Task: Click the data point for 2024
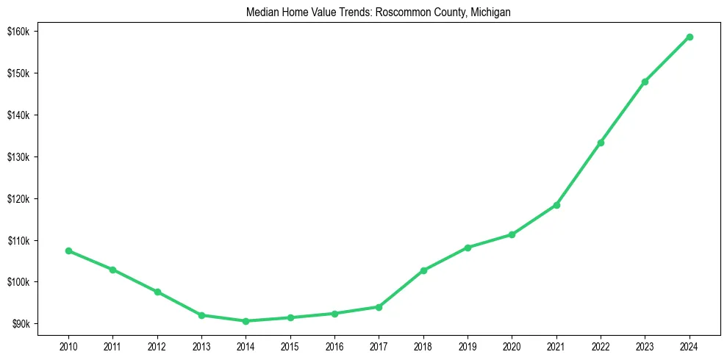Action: coord(690,37)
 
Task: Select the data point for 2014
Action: coord(246,321)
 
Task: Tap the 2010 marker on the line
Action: coord(68,251)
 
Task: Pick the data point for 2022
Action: coord(601,143)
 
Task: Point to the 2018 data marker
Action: coord(423,270)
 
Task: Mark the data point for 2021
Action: coord(556,205)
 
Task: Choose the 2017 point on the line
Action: coord(379,307)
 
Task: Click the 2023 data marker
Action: coord(645,82)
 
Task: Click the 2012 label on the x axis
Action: coord(157,346)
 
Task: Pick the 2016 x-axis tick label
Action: coord(334,346)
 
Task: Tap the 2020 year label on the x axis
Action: coord(512,346)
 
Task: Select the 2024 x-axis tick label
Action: coord(690,346)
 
